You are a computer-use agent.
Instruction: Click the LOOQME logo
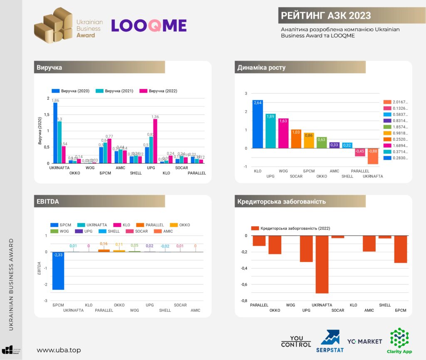[x=149, y=25]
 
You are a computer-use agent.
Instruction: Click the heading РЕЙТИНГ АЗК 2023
[x=326, y=16]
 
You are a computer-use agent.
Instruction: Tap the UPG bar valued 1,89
[x=271, y=131]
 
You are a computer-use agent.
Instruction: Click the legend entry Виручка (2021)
[x=115, y=91]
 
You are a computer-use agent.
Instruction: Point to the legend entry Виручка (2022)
[x=159, y=91]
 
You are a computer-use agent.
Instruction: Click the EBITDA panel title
[x=48, y=201]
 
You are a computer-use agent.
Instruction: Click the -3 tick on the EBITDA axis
[x=46, y=301]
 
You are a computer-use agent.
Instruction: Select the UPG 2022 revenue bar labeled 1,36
[x=155, y=141]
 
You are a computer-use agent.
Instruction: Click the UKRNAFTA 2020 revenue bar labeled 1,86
[x=55, y=133]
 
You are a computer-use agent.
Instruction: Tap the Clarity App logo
[x=399, y=340]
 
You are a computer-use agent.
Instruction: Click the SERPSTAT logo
[x=330, y=341]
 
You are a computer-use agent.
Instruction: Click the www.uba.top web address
[x=59, y=350]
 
